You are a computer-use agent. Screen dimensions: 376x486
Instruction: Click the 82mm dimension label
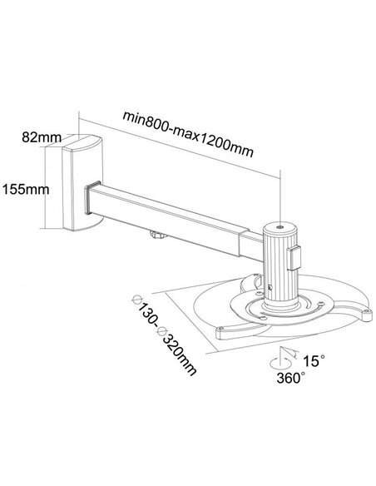click(x=42, y=137)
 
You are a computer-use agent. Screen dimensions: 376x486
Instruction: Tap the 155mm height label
click(x=26, y=189)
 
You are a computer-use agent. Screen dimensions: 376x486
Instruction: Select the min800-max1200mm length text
click(x=188, y=134)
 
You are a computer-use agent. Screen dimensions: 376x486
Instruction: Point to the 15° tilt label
click(x=314, y=360)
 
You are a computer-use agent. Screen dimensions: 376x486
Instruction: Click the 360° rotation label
click(x=291, y=378)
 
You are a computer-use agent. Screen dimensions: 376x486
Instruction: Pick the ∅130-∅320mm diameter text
click(x=164, y=335)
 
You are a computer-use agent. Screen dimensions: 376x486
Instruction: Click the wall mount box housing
click(x=82, y=183)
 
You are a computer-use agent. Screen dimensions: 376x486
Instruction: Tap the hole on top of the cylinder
click(x=280, y=227)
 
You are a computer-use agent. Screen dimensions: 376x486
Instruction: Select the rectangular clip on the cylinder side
click(x=294, y=258)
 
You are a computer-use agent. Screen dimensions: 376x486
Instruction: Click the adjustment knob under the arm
click(x=158, y=235)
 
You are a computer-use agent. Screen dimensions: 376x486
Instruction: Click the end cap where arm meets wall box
click(x=87, y=198)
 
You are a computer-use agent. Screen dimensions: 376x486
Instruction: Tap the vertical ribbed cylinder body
click(x=280, y=266)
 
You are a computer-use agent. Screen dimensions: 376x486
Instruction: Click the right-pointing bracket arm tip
click(x=366, y=315)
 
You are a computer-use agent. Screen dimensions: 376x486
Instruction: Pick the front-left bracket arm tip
click(x=220, y=334)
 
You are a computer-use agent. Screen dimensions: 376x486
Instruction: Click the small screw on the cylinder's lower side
click(x=270, y=288)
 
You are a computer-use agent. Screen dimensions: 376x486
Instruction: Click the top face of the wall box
click(x=83, y=141)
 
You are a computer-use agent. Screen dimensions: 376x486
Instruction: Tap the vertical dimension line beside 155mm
click(x=46, y=188)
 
